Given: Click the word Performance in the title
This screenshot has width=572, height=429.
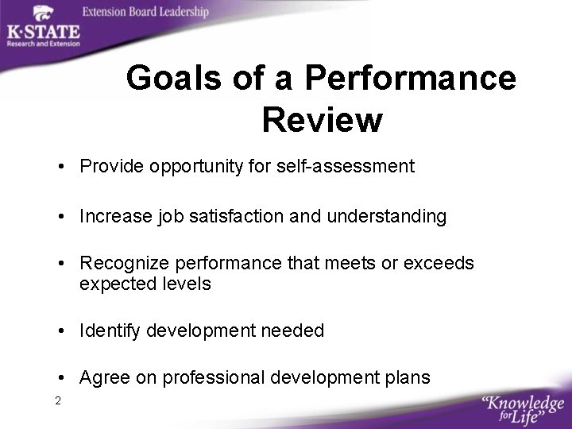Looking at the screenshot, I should (411, 79).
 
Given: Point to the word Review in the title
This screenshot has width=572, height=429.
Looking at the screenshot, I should (322, 120).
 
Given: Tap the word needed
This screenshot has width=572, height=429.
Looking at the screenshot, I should (295, 330).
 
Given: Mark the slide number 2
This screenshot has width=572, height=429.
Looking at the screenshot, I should (58, 400).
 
